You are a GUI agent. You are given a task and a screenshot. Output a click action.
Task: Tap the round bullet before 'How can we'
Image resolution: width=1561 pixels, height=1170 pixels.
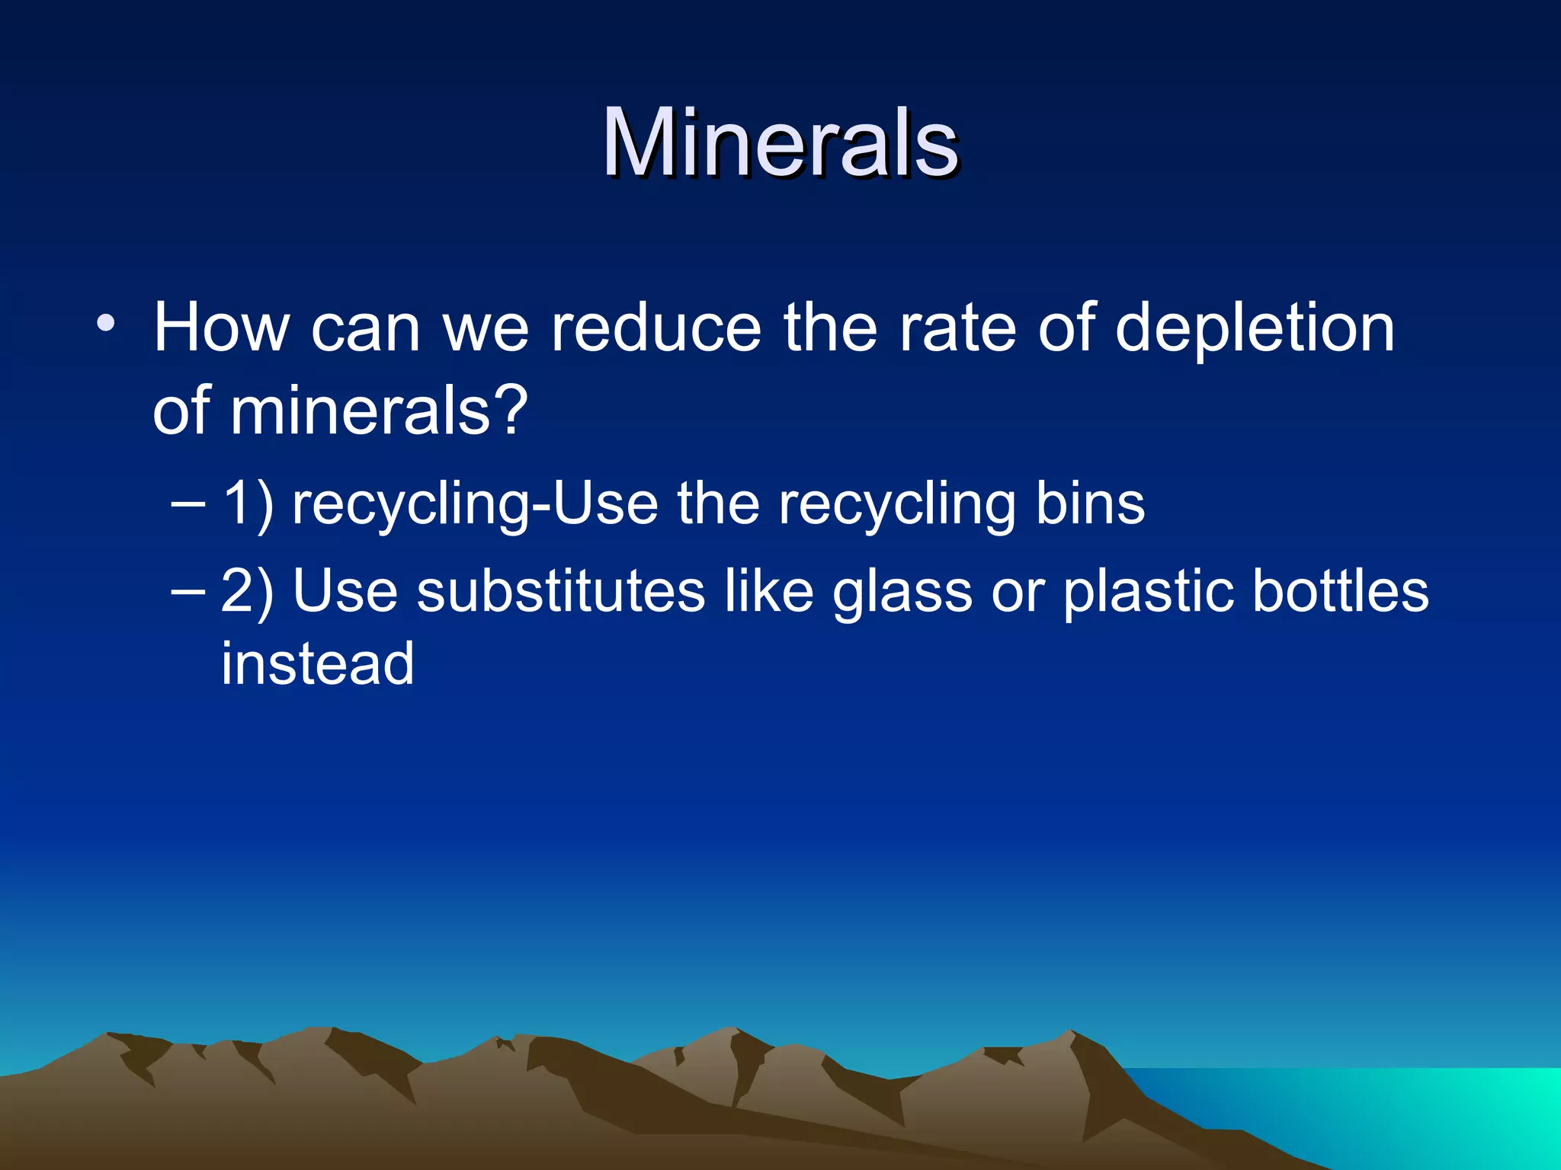(106, 323)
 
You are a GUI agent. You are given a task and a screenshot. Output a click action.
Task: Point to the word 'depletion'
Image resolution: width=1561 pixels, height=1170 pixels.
(1255, 329)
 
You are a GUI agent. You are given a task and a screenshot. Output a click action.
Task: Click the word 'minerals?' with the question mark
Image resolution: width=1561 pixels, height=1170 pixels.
(379, 411)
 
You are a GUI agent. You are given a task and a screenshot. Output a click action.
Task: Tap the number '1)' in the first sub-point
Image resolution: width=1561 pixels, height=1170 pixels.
(247, 504)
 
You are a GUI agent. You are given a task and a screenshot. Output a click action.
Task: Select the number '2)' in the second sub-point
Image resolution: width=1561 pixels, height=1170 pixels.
(247, 591)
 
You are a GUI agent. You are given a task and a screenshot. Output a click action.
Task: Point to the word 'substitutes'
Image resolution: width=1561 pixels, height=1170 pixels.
(560, 591)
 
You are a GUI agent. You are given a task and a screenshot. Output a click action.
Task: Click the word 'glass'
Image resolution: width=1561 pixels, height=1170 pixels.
(902, 593)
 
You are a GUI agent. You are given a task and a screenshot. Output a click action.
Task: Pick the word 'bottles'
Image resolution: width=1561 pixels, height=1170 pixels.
(1341, 591)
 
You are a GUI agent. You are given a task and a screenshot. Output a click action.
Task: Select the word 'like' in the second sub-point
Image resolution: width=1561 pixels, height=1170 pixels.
(768, 591)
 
